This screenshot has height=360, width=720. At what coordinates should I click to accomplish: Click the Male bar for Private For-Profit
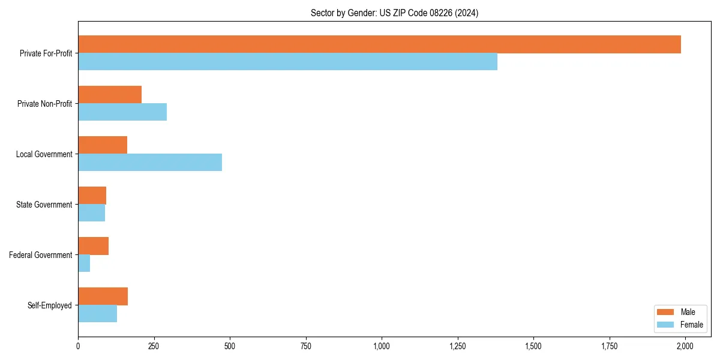379,44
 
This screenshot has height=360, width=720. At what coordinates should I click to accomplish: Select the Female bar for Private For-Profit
287,62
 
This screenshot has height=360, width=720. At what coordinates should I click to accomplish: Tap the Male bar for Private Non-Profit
110,95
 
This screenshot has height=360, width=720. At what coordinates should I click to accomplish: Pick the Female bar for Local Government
150,163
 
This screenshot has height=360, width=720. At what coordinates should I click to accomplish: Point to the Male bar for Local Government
103,145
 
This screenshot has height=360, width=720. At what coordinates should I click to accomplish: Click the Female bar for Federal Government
84,263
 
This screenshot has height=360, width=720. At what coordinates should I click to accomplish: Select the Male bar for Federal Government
93,246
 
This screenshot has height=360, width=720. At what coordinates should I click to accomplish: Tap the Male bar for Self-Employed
103,296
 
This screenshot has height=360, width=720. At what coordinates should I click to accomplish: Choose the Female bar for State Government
91,213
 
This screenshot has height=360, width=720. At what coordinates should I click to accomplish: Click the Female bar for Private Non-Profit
122,112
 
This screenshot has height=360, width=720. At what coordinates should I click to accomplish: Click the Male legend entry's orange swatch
666,312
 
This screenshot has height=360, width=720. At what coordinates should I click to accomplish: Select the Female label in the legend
692,325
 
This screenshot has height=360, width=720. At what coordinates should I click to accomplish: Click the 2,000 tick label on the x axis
685,346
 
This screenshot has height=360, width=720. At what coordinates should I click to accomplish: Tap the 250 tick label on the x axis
154,346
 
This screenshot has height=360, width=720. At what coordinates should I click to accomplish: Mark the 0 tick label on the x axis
78,346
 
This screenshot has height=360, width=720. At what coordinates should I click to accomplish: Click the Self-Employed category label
49,305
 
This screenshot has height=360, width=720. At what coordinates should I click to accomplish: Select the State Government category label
44,205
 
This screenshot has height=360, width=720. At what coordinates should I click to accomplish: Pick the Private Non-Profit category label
44,104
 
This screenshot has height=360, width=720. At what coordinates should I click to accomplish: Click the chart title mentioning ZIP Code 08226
394,13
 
